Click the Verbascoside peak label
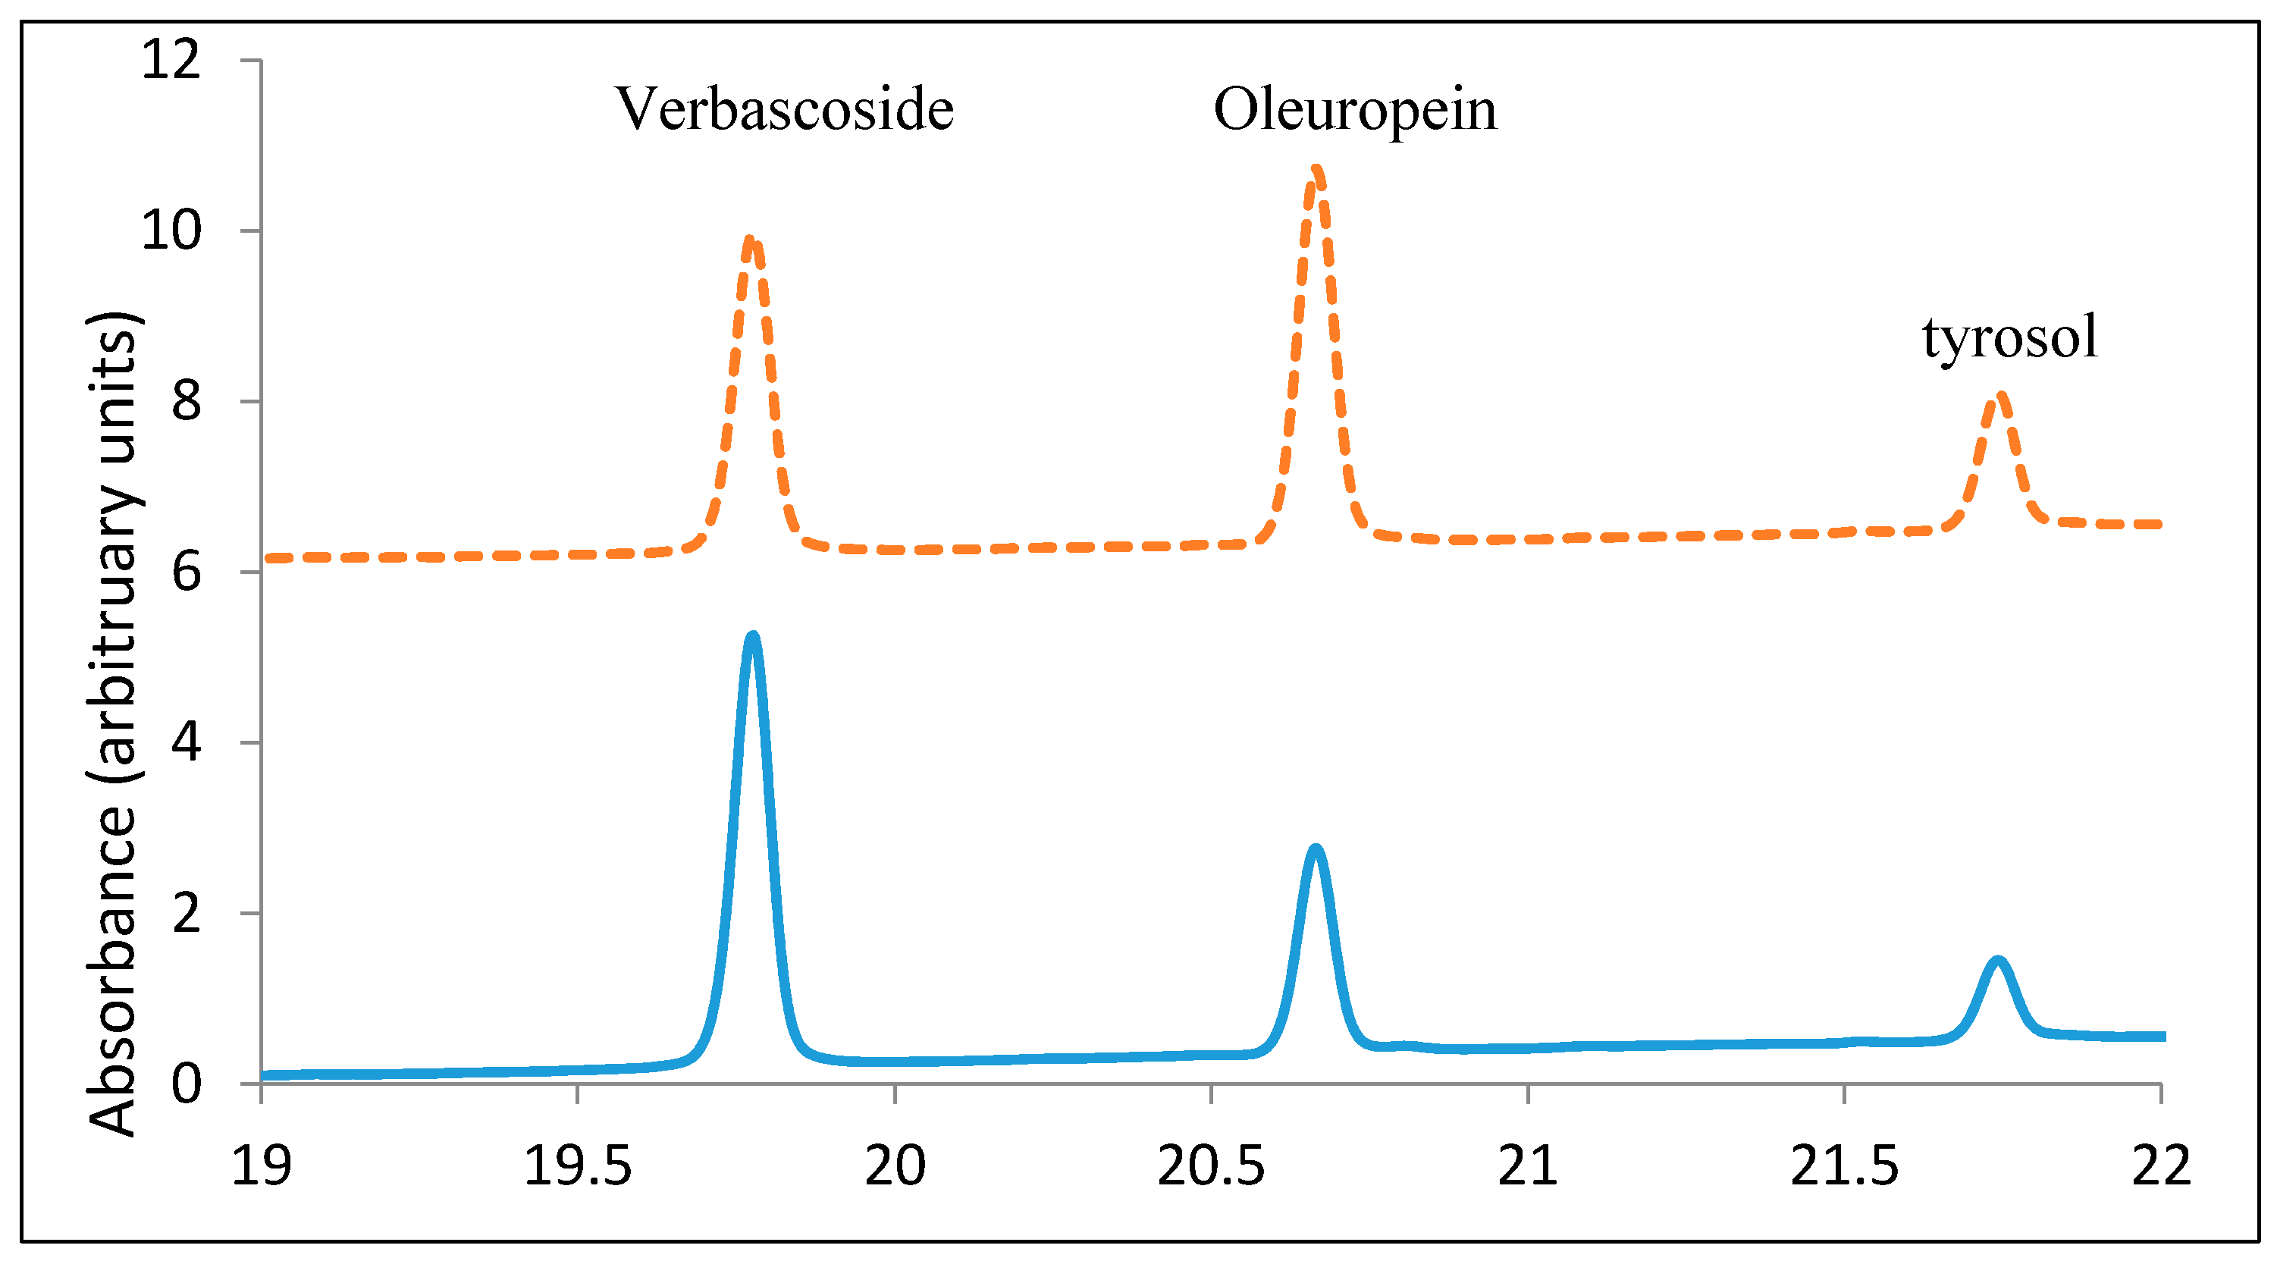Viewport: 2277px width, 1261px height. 784,110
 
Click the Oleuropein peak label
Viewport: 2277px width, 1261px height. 1355,110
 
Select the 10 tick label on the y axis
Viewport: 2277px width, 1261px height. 171,231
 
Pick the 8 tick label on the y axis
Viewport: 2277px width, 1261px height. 187,401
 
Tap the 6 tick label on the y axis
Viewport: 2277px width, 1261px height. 187,572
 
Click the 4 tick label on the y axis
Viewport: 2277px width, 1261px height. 187,742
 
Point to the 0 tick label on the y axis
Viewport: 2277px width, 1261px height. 187,1083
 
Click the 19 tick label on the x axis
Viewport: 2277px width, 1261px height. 261,1165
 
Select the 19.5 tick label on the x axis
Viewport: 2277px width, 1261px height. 577,1165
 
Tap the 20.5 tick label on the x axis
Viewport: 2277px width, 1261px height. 1211,1165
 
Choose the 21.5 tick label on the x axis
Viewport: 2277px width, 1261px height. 1844,1165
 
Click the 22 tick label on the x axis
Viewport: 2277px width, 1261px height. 2161,1165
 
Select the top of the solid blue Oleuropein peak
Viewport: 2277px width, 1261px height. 1316,849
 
